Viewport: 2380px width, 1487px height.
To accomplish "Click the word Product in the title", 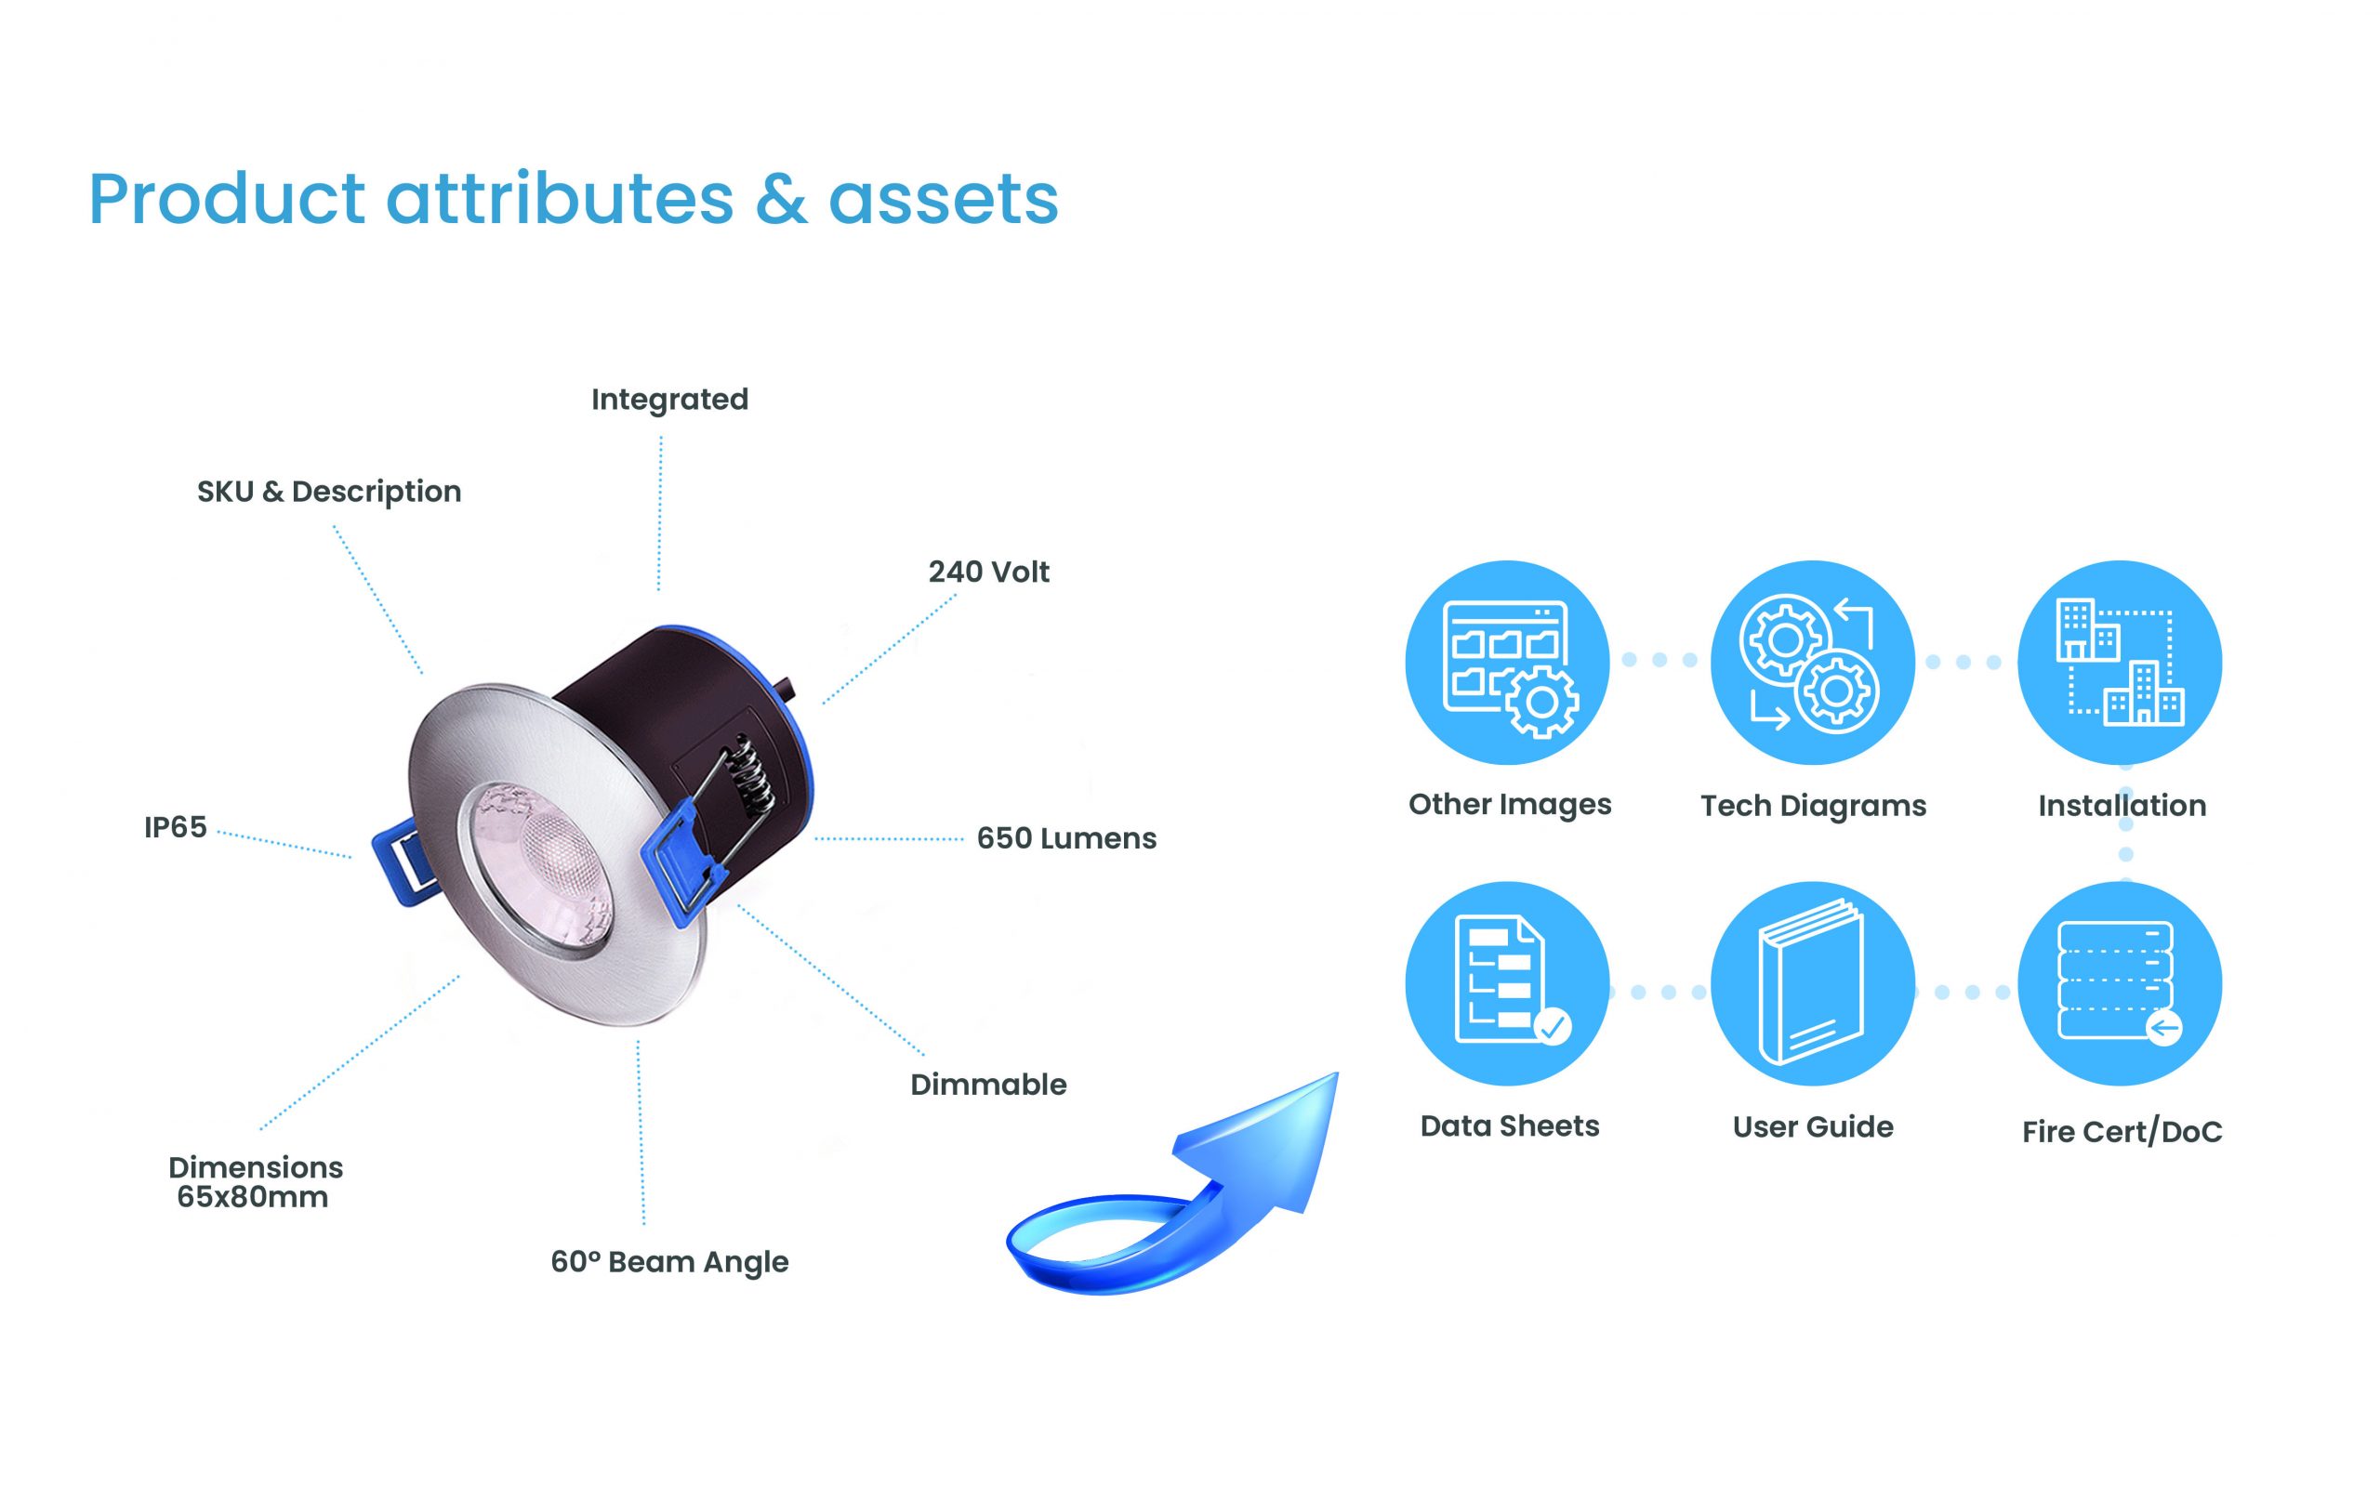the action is point(227,199).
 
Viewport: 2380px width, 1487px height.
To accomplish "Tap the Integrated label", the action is point(669,401).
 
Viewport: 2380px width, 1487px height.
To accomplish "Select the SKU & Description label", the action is point(329,491).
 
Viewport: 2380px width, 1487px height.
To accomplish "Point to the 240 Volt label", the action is point(988,572).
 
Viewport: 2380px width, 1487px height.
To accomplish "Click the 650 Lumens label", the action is point(1067,839).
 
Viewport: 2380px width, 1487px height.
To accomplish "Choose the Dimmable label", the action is point(988,1085).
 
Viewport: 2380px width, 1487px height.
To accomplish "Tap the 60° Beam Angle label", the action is point(669,1262).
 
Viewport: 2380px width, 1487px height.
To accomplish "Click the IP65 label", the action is point(175,828).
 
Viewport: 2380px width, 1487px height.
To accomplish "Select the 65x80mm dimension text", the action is point(253,1197).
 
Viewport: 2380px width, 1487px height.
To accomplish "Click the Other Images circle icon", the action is point(1508,663).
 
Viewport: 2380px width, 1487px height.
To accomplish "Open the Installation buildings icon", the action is point(2120,663).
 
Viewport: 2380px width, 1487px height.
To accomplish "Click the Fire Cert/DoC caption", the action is point(2122,1132).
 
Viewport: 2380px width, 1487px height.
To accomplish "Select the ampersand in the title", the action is point(782,199).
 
